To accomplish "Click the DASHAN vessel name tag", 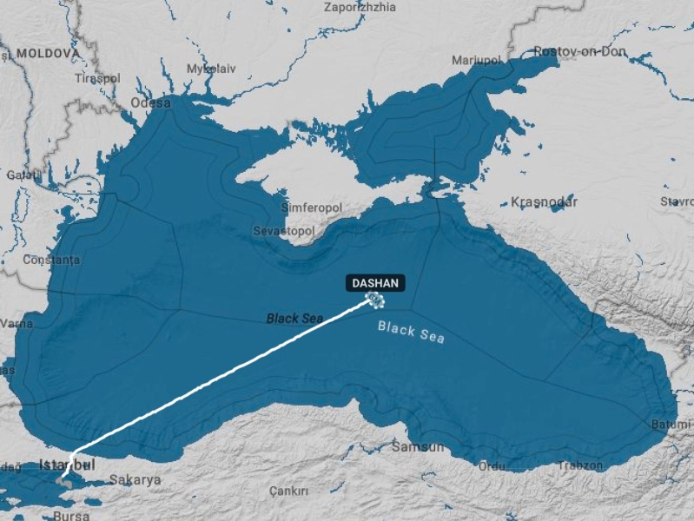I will point(375,283).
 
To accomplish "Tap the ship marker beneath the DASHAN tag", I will point(374,300).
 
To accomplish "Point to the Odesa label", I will point(150,102).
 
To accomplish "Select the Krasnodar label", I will point(544,201).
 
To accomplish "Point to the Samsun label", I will point(418,446).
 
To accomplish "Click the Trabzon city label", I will point(580,465).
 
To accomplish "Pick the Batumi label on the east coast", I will point(671,425).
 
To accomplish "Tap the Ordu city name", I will point(492,465).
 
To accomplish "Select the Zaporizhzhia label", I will point(360,7).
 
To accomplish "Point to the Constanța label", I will point(51,260).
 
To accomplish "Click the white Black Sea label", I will point(411,332).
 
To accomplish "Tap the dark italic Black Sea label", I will point(294,319).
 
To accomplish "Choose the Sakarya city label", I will point(135,479).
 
